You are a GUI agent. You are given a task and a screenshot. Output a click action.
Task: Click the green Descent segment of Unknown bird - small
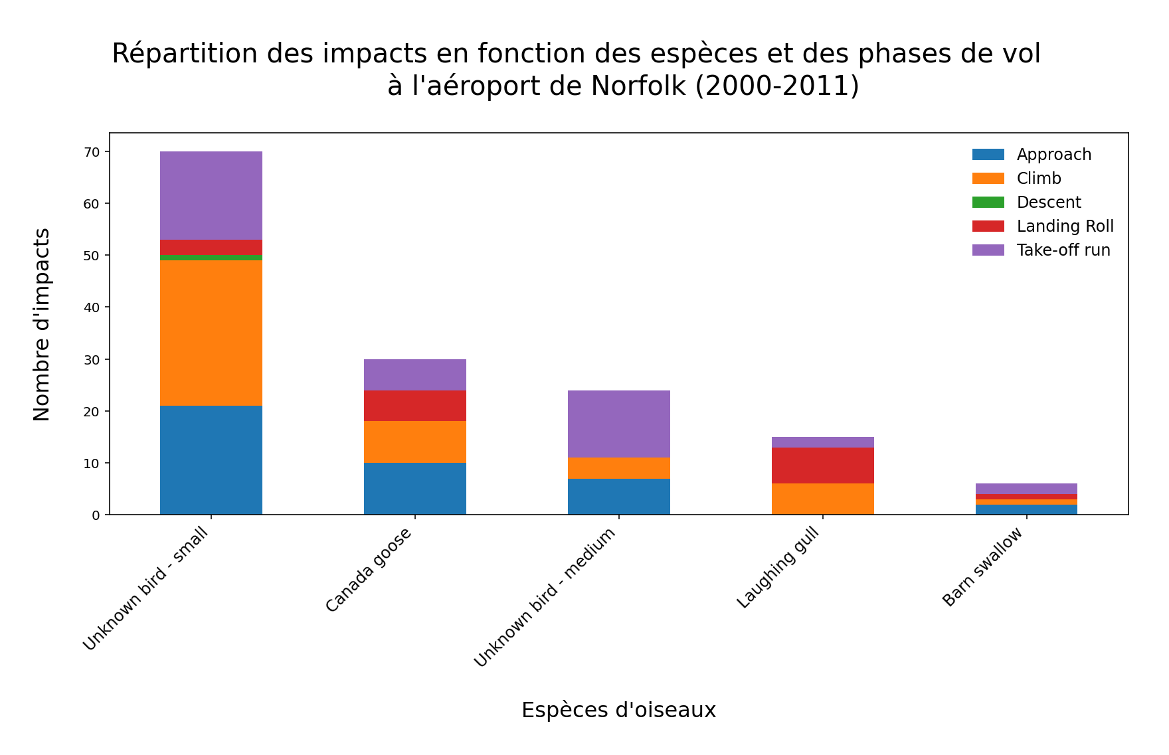(211, 258)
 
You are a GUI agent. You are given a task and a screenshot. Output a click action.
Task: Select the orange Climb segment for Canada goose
(415, 442)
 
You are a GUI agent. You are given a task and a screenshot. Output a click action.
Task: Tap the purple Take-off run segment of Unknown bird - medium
(619, 424)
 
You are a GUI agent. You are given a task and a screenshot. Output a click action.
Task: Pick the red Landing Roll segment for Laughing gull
(823, 465)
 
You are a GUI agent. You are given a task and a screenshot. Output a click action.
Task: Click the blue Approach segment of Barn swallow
(1026, 509)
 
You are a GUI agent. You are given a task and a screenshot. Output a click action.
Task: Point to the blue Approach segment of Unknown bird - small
(211, 460)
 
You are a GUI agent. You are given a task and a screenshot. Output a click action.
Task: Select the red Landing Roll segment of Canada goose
(415, 406)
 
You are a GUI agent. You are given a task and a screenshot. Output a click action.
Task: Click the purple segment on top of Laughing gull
(823, 442)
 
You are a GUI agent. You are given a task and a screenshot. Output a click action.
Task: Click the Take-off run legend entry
(1063, 250)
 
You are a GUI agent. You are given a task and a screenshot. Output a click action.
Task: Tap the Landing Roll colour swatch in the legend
(988, 226)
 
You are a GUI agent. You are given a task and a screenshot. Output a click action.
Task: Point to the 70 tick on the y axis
(92, 152)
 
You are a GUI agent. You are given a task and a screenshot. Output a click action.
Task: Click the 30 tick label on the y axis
(92, 360)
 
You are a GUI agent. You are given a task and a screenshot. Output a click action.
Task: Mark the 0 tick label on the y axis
(96, 515)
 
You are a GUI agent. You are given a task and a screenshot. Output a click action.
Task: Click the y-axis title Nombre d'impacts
(42, 324)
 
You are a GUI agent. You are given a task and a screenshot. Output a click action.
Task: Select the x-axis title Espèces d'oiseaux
(618, 710)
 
